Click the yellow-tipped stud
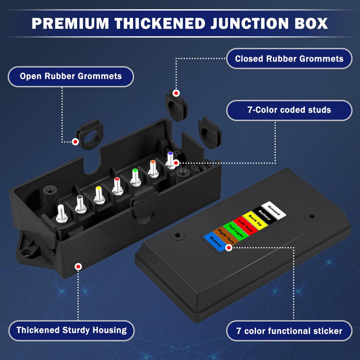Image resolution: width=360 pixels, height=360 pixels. (99, 195)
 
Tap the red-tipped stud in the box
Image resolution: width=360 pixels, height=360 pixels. (117, 186)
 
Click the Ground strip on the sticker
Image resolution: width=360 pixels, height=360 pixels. (274, 210)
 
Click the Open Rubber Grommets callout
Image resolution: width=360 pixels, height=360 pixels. (71, 76)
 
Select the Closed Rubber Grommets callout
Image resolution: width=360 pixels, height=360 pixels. (289, 59)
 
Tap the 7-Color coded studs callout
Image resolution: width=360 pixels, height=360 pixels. (289, 110)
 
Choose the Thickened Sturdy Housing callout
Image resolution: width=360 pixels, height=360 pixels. (71, 330)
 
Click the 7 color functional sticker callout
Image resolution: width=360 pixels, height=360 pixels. (289, 331)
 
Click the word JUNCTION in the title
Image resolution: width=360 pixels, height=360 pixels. (250, 24)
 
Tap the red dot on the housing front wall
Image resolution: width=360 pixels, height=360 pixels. (78, 266)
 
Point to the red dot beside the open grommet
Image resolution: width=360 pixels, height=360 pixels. (75, 142)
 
